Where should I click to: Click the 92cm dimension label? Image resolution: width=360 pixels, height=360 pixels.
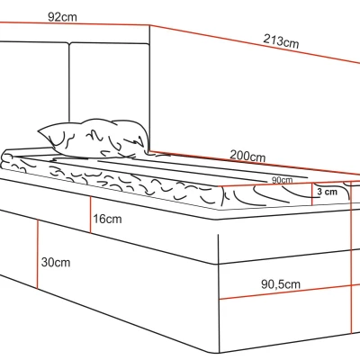[62, 17]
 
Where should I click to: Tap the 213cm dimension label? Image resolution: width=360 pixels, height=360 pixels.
[281, 41]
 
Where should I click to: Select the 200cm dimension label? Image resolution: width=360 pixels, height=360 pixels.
[247, 156]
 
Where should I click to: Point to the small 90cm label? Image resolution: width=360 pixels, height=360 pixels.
[282, 180]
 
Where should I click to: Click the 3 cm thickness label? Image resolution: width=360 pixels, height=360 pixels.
[327, 192]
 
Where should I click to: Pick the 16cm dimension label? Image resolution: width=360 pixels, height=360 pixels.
[107, 219]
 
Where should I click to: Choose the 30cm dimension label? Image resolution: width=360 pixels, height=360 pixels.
[56, 262]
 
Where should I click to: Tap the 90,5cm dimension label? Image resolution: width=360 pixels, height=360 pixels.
[281, 283]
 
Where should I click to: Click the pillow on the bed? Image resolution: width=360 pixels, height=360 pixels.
[94, 139]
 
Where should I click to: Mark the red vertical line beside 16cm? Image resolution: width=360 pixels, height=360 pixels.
[91, 214]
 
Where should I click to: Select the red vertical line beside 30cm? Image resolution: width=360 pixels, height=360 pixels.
[38, 254]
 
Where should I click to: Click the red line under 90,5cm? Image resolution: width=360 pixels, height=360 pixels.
[290, 292]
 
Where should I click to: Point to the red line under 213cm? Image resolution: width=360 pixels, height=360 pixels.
[255, 44]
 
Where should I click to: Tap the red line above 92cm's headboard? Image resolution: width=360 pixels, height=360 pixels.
[75, 24]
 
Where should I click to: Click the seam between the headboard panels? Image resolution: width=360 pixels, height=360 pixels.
[69, 83]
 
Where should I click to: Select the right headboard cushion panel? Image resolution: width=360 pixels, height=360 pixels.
[109, 83]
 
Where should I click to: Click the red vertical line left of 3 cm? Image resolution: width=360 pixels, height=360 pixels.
[312, 194]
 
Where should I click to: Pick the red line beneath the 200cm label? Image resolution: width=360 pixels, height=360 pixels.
[255, 164]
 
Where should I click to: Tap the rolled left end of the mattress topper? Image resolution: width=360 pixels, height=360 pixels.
[6, 160]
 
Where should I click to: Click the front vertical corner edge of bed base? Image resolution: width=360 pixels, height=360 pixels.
[219, 293]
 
